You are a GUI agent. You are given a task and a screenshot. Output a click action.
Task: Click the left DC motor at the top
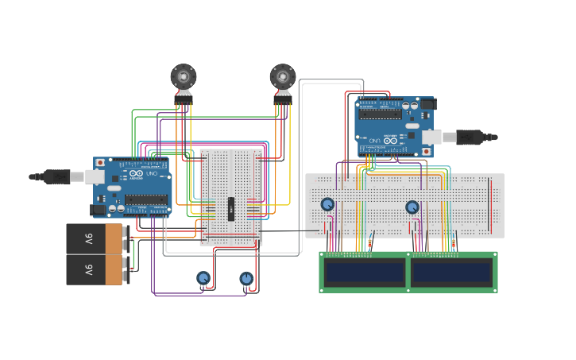184,77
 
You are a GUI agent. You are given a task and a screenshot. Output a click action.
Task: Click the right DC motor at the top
283,77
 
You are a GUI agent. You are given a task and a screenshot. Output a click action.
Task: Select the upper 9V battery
95,238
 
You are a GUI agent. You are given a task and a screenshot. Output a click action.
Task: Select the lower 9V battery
95,269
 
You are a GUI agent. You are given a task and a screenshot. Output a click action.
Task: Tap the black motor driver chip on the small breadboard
231,209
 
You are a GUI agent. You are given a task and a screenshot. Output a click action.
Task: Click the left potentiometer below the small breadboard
203,278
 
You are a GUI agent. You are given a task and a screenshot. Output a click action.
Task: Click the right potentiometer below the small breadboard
246,278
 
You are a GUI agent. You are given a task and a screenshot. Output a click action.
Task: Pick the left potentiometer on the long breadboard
327,204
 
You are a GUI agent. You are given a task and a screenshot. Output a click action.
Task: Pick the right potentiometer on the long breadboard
412,207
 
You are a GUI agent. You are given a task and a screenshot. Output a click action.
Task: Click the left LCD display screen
365,273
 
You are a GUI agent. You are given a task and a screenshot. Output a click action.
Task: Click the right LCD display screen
451,273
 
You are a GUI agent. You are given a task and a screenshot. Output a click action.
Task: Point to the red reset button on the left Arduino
100,162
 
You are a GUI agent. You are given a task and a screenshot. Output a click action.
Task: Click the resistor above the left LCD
371,243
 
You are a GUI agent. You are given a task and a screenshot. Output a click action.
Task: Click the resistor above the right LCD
454,244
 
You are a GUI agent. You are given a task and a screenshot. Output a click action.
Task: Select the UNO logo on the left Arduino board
157,173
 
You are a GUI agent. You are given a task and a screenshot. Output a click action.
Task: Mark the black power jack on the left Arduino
99,211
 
